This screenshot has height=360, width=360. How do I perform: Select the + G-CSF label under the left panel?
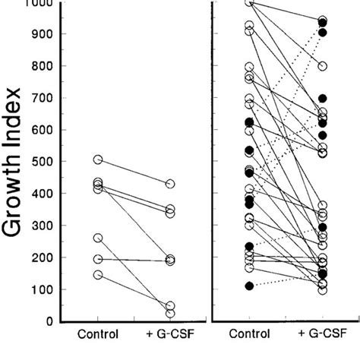point(169,334)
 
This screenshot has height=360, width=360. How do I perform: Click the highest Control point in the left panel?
point(98,159)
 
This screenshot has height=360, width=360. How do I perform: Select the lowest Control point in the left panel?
point(98,274)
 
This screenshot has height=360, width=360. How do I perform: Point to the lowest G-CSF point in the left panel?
point(170,313)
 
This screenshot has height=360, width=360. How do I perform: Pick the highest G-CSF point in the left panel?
point(170,184)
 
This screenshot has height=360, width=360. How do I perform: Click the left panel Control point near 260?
point(98,238)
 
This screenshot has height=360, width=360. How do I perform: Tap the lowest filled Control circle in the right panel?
point(249,286)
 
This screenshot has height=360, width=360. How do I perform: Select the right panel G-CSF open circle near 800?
point(322,66)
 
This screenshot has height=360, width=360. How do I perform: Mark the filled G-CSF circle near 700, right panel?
point(322,99)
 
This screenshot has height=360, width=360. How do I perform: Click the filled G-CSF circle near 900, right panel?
point(322,33)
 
